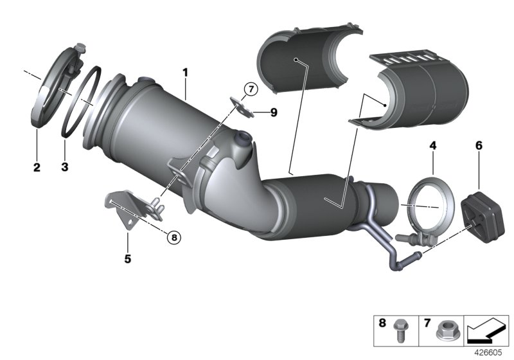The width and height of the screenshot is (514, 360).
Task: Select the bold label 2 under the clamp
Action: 37,168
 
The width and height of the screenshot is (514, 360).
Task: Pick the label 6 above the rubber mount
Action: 478,147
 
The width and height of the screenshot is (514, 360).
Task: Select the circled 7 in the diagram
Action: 249,89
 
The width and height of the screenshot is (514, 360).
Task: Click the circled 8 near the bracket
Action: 173,237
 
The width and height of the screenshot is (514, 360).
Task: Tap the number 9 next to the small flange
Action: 273,113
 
